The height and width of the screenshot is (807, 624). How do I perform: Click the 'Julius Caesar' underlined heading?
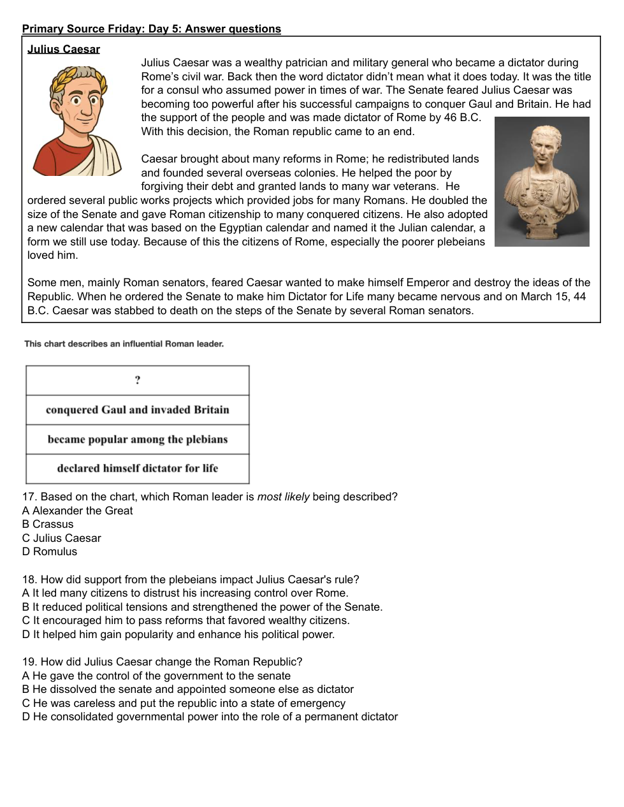(64, 49)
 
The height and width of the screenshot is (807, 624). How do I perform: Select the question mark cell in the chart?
(138, 381)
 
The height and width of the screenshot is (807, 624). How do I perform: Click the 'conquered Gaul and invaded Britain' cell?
(138, 410)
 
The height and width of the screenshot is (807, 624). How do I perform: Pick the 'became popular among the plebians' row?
(138, 439)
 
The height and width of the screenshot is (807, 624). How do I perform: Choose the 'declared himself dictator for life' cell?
(138, 469)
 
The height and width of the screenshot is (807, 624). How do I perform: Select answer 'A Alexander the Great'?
(77, 511)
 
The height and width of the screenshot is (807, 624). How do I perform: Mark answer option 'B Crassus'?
(48, 524)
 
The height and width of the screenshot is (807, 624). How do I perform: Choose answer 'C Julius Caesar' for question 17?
(62, 538)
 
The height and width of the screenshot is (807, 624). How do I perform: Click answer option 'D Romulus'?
(50, 551)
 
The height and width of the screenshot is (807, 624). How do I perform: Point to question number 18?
(29, 579)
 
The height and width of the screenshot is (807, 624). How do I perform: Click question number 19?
(29, 662)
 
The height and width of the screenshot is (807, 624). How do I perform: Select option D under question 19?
(210, 716)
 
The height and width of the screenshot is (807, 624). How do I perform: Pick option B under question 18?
(202, 607)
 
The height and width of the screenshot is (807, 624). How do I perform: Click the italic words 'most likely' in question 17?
(283, 497)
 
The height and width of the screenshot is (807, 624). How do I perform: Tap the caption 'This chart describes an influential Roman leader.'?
(124, 344)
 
